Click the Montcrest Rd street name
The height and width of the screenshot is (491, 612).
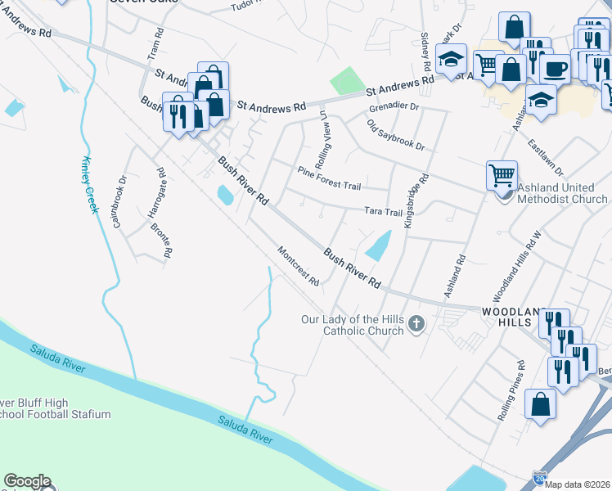[x=298, y=267]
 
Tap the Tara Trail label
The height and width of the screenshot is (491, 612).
[x=384, y=211]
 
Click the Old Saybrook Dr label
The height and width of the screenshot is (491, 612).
[x=396, y=135]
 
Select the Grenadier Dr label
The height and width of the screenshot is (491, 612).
[x=394, y=106]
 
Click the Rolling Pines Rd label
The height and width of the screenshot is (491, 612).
[x=512, y=390]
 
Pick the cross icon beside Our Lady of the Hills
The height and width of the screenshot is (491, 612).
[x=416, y=324]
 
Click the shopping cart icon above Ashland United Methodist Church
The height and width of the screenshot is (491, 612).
[x=502, y=174]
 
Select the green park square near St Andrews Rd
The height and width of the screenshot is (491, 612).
[x=347, y=82]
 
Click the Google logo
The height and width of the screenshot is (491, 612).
[x=27, y=481]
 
